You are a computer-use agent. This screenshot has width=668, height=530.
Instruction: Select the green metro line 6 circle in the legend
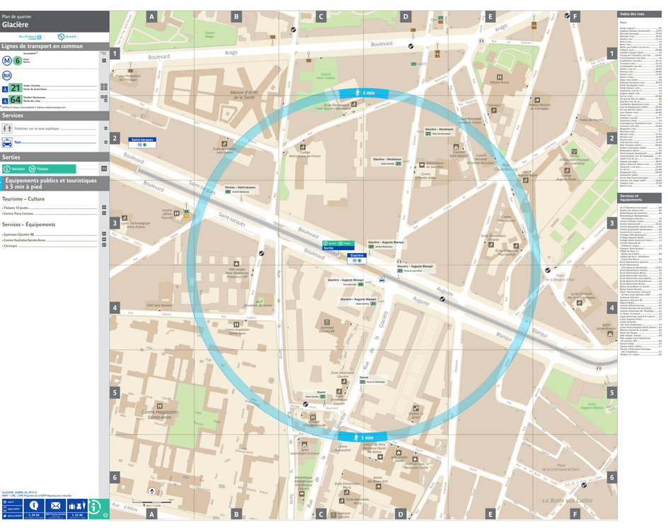17,60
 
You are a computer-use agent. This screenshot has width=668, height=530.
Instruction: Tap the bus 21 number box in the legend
15,87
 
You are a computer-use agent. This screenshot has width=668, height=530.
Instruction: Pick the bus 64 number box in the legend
15,99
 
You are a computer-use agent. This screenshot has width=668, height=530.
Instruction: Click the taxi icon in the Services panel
8,142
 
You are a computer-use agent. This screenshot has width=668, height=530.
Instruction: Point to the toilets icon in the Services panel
8,128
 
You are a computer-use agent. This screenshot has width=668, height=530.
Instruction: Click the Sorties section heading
11,157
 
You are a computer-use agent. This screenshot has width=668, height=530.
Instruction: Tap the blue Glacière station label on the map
357,256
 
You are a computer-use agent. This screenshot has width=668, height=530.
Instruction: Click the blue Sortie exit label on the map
328,249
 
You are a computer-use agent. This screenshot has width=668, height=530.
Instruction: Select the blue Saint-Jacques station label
142,140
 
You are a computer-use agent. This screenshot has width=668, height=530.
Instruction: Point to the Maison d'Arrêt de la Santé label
252,92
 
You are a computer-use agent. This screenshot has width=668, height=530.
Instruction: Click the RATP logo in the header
62,37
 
